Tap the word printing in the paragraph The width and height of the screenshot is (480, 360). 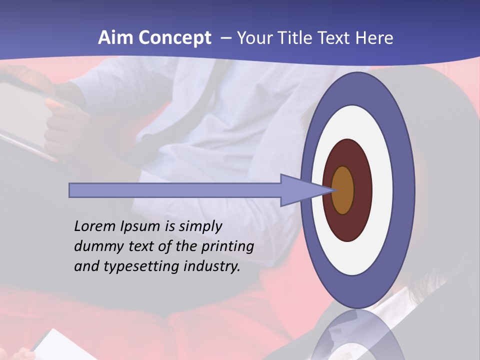[x=227, y=247]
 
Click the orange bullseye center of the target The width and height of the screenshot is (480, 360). [x=342, y=190]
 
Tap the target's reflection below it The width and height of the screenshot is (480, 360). [x=357, y=337]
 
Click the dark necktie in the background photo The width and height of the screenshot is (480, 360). [x=210, y=90]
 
